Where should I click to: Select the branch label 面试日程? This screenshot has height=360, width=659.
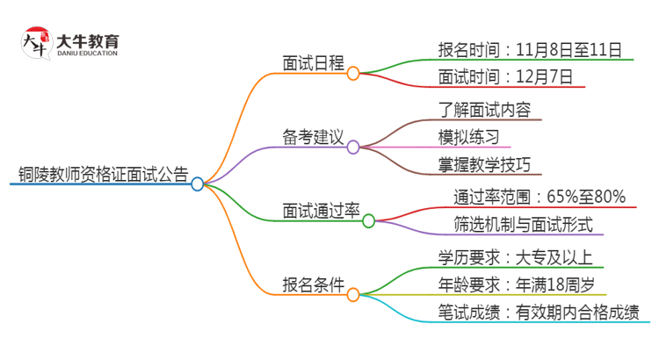[x=313, y=63]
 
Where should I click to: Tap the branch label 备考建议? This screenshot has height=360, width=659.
[x=313, y=138]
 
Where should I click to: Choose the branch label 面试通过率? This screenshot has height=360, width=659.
[x=322, y=211]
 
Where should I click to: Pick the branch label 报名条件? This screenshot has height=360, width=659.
[x=313, y=285]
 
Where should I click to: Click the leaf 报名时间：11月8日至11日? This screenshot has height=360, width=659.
[x=530, y=49]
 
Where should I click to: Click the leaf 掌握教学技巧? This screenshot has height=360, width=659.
[x=484, y=165]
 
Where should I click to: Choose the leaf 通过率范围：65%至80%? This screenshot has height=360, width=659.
[x=539, y=196]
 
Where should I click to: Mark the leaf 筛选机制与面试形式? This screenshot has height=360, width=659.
[x=523, y=224]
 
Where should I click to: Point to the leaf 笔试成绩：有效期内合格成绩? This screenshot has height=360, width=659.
[x=538, y=313]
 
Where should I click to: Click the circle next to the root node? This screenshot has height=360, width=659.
[x=198, y=184]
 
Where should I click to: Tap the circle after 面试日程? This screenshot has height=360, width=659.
[x=353, y=74]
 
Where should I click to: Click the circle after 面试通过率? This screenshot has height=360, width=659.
[x=369, y=221]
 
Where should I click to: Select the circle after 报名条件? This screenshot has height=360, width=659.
[x=353, y=296]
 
